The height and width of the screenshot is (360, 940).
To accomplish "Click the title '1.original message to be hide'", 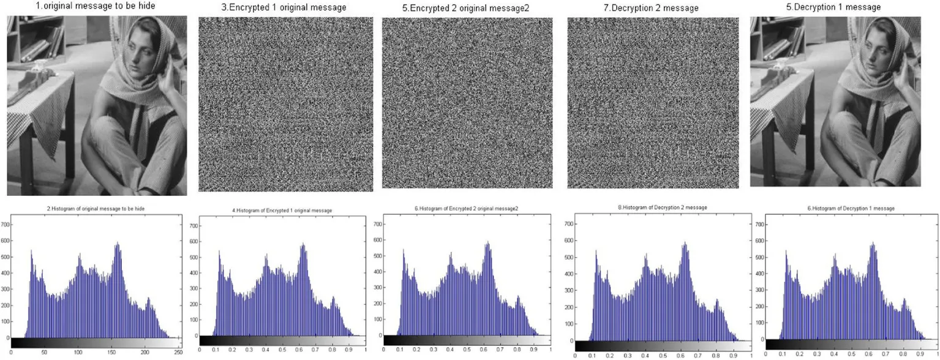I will point(87,7).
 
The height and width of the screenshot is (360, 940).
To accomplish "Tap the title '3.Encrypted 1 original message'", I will point(284,8).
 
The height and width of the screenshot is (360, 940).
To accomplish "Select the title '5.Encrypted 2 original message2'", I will point(469,8).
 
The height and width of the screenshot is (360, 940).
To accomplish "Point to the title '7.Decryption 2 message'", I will point(652,8).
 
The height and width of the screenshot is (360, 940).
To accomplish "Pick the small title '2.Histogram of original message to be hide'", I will point(96,209).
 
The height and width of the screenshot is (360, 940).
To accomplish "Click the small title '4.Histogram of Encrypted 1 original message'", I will point(282,211).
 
